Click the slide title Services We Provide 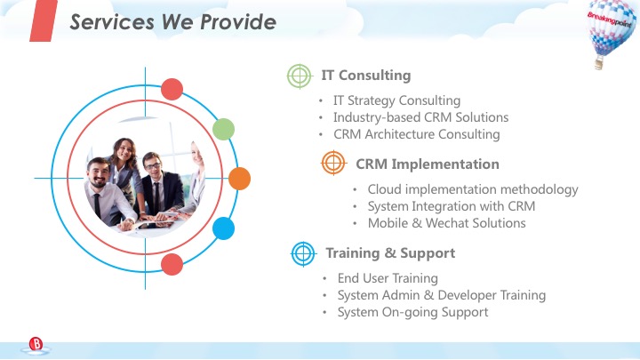pos(172,21)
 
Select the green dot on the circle pos(223,130)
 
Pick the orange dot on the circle pos(239,178)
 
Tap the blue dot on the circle pos(223,228)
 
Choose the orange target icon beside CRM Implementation pos(333,164)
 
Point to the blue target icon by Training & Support pos(303,254)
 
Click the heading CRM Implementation pos(427,164)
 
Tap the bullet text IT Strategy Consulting pos(396,100)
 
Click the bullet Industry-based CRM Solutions pos(420,117)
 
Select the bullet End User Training pos(388,278)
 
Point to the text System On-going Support pos(412,312)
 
